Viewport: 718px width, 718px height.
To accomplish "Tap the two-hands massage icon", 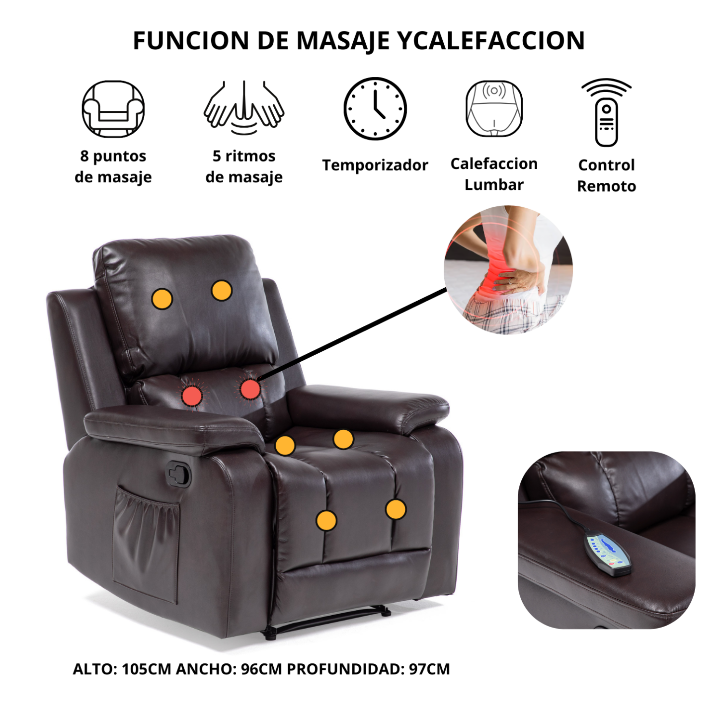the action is (243, 108).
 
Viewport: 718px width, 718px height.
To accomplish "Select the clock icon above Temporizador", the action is (375, 109).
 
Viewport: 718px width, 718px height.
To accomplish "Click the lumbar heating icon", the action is (494, 109).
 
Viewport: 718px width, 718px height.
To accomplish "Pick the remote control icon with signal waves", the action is (606, 112).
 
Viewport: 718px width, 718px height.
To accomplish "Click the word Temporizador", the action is (375, 165).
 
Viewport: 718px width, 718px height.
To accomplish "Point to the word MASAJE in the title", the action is (343, 41).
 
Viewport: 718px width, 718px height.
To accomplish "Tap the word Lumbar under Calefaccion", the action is (494, 185).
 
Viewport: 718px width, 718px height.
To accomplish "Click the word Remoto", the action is (607, 186).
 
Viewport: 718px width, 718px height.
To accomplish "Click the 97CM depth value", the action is (430, 669).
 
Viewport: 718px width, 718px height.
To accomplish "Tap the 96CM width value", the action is (261, 669).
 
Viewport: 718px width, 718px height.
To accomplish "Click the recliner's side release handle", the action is (178, 474).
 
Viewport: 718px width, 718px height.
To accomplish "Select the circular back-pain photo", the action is (508, 269).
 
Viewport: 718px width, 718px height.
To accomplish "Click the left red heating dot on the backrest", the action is (191, 396).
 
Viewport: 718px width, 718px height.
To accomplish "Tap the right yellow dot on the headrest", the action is (222, 290).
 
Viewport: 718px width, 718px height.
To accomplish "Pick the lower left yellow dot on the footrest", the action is (326, 520).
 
